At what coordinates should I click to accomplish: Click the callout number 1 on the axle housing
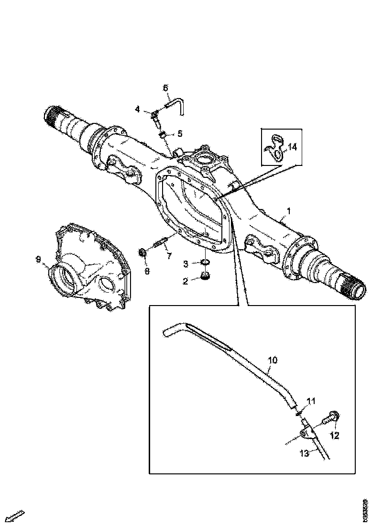click(x=288, y=210)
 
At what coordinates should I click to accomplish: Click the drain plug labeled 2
click(x=206, y=276)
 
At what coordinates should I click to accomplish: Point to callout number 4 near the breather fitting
click(x=138, y=110)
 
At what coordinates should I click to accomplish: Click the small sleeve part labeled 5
click(x=162, y=134)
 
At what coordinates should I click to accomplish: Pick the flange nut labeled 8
click(x=143, y=252)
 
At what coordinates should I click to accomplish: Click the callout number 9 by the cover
click(x=38, y=259)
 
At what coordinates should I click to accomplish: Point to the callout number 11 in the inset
click(x=311, y=402)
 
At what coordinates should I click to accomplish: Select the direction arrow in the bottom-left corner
click(x=14, y=516)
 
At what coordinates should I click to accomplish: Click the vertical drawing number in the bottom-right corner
click(x=365, y=510)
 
